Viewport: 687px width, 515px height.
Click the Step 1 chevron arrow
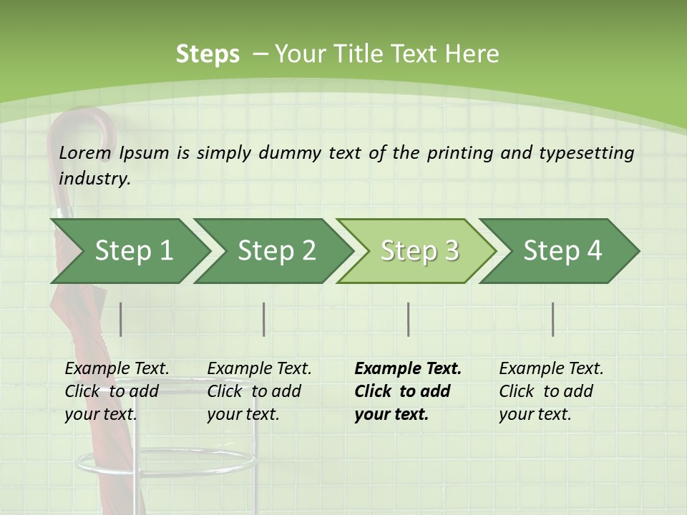pyautogui.click(x=129, y=250)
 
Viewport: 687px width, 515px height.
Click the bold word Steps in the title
pyautogui.click(x=208, y=54)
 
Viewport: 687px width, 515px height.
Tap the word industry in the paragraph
pyautogui.click(x=94, y=179)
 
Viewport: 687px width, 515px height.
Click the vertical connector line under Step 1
pyautogui.click(x=121, y=319)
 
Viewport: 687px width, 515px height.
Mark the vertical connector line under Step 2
pyautogui.click(x=264, y=319)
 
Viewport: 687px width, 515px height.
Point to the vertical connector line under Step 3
pyautogui.click(x=409, y=319)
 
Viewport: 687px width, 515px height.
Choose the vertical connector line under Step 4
pyautogui.click(x=553, y=319)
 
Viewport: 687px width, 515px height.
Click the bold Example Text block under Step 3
pyautogui.click(x=408, y=391)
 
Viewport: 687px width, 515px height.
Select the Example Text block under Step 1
pyautogui.click(x=117, y=391)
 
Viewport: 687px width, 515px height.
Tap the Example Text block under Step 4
pyautogui.click(x=551, y=391)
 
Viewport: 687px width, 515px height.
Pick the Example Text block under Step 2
pyautogui.click(x=259, y=391)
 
